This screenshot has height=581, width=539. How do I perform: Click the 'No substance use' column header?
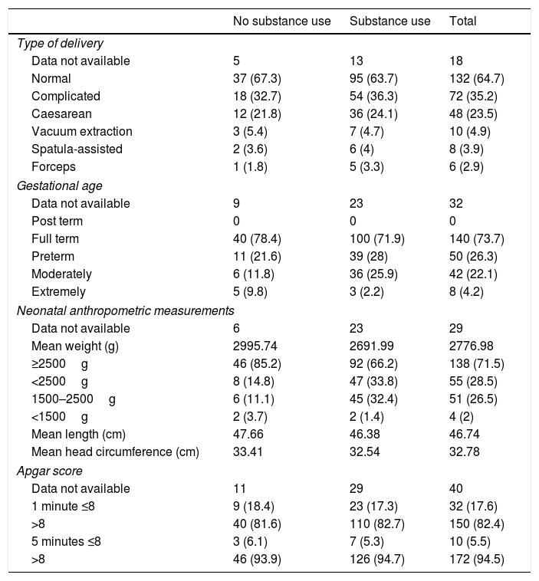click(x=281, y=21)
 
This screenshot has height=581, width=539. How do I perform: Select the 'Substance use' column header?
click(x=389, y=21)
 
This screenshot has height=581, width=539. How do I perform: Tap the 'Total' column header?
click(x=462, y=21)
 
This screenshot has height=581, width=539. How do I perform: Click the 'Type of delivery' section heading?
click(x=60, y=43)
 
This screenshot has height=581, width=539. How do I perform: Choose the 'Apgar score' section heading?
click(x=49, y=471)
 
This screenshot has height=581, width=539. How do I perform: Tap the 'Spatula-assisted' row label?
click(x=72, y=149)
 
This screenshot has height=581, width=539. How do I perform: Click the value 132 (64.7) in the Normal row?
click(x=476, y=78)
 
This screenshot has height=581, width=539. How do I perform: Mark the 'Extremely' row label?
click(x=59, y=292)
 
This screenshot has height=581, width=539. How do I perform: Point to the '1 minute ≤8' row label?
click(x=63, y=507)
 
